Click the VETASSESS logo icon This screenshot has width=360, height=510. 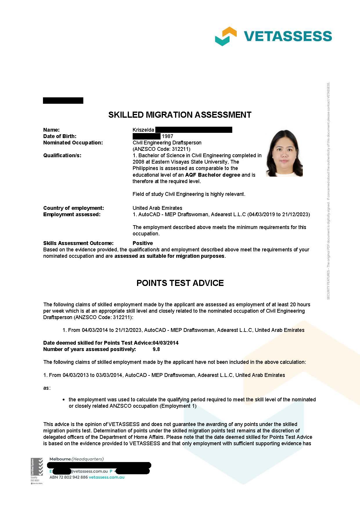[226, 36]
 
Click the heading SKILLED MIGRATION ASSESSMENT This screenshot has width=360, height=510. [180, 115]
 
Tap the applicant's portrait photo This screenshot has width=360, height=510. [284, 153]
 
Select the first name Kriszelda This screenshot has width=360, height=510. [143, 130]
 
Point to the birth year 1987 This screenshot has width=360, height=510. [168, 136]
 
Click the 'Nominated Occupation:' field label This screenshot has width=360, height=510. [73, 143]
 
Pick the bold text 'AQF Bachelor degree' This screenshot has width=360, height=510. [213, 175]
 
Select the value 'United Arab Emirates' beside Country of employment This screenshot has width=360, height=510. [157, 208]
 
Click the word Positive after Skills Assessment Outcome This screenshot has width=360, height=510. [143, 243]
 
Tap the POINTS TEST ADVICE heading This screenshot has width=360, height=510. [180, 283]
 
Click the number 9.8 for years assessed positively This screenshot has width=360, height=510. [156, 349]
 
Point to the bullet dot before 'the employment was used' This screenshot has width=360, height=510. [64, 400]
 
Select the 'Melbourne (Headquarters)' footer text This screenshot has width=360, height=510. [76, 459]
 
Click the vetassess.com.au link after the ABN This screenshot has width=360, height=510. [107, 477]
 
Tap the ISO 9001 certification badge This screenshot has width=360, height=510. [37, 471]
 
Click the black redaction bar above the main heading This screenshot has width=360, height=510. [63, 101]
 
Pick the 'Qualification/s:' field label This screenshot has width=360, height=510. [62, 155]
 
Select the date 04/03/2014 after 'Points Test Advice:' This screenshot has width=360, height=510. [165, 343]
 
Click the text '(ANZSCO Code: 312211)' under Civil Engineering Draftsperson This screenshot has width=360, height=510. [161, 149]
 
